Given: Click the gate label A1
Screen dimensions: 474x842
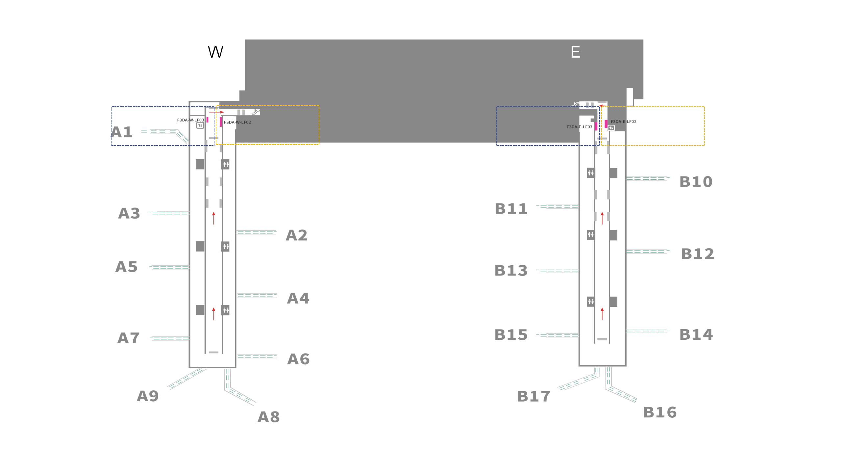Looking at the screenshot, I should [x=122, y=132].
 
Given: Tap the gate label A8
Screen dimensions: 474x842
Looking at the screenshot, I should [x=268, y=417].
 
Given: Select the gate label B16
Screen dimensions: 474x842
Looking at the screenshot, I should [x=660, y=412].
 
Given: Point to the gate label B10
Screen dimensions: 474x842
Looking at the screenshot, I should [x=696, y=182].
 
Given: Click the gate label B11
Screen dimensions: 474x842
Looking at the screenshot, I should [x=511, y=209].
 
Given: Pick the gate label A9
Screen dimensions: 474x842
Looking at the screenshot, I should [x=148, y=396].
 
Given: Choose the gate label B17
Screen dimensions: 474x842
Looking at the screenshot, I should [x=534, y=397].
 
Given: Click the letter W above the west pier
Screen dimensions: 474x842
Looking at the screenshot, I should [x=216, y=52].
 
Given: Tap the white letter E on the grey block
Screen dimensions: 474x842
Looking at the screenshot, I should [x=575, y=52].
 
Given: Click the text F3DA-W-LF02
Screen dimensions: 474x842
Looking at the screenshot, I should [x=237, y=122].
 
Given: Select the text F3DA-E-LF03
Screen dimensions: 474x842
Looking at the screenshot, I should [x=579, y=127].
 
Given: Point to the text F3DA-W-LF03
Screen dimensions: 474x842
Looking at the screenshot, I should [x=190, y=120].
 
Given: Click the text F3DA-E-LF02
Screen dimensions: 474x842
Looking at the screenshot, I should [x=624, y=122].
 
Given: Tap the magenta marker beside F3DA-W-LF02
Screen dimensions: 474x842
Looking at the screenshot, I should [x=221, y=122].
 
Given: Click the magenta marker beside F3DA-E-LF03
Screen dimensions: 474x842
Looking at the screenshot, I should [x=596, y=126].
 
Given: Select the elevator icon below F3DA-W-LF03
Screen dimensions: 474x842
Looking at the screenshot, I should [x=200, y=125].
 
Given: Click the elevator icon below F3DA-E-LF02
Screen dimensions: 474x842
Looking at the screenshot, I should [x=611, y=128].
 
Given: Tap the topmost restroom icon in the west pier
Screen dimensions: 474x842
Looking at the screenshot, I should [x=225, y=164].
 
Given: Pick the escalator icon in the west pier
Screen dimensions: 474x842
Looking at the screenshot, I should [x=256, y=112].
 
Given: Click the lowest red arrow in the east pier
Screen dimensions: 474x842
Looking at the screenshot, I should [x=602, y=314].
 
